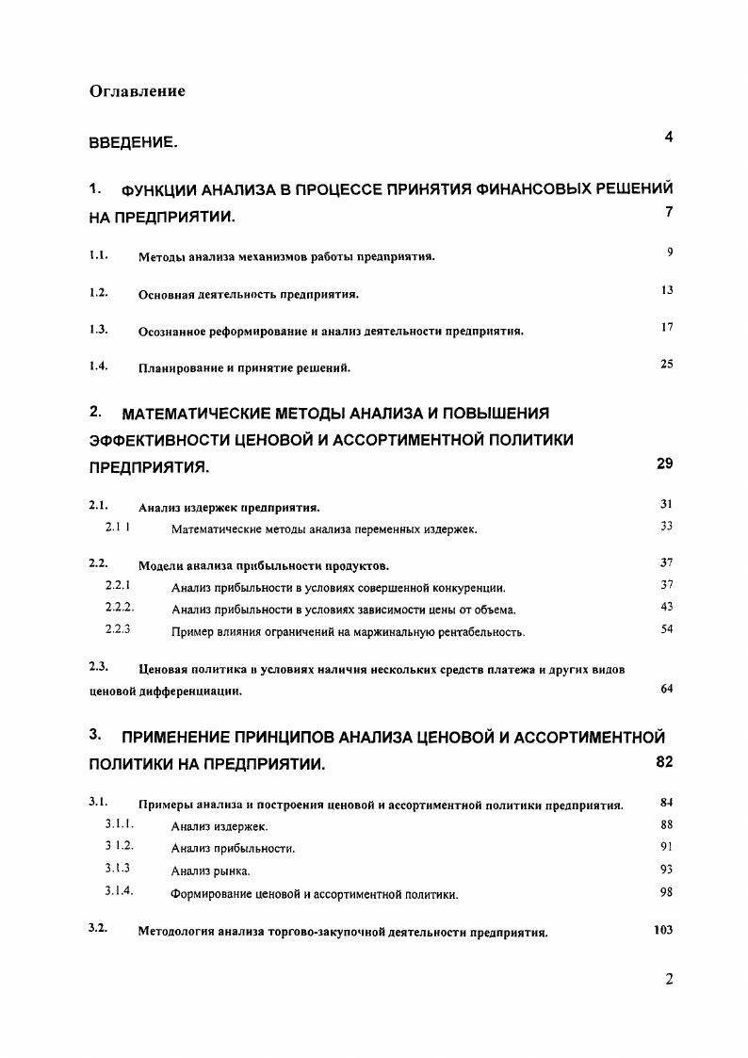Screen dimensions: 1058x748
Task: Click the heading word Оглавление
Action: pyautogui.click(x=137, y=91)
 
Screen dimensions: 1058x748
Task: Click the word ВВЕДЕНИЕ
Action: pyautogui.click(x=132, y=143)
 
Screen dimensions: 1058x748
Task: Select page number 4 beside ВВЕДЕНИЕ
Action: pyautogui.click(x=668, y=138)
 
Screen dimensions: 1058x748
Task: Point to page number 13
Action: pyautogui.click(x=667, y=290)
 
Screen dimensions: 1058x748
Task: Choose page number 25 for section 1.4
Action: pyautogui.click(x=667, y=364)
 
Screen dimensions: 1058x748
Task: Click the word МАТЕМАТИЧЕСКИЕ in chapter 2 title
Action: pyautogui.click(x=202, y=413)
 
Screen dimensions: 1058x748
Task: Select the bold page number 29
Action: pyautogui.click(x=663, y=464)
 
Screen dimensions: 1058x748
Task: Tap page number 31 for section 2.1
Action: pyautogui.click(x=667, y=504)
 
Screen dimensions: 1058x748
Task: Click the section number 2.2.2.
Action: pyautogui.click(x=120, y=607)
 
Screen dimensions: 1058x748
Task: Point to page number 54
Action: pyautogui.click(x=667, y=628)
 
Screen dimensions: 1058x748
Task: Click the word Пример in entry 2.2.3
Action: pyautogui.click(x=191, y=631)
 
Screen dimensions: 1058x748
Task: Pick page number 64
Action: pyautogui.click(x=667, y=689)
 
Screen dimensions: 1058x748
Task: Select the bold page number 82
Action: pyautogui.click(x=663, y=762)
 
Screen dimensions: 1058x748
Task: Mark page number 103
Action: pyautogui.click(x=663, y=930)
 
